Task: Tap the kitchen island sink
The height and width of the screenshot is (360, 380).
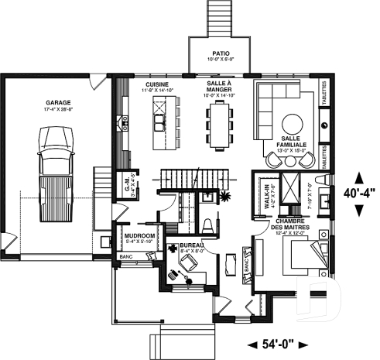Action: tap(159, 122)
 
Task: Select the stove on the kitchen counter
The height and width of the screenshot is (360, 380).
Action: tap(123, 121)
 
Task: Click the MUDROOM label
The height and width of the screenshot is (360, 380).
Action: tap(140, 234)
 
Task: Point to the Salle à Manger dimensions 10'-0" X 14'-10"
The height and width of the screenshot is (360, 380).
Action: tap(221, 95)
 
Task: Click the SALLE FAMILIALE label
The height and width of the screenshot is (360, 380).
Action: tap(294, 140)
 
